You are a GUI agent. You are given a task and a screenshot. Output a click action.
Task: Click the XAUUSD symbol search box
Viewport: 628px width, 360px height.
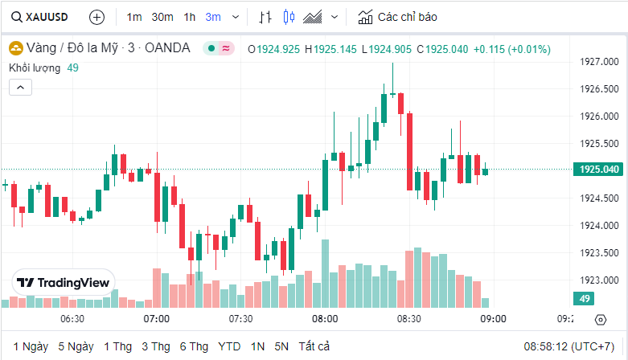tap(40, 16)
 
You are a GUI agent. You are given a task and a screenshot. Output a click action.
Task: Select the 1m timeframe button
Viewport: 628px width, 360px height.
tap(134, 17)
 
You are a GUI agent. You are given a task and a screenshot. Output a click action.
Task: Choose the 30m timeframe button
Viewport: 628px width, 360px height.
tap(162, 17)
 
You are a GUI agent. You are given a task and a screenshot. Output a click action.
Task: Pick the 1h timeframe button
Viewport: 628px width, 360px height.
tap(189, 17)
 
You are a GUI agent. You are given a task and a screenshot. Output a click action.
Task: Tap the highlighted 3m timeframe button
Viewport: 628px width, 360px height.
tap(213, 17)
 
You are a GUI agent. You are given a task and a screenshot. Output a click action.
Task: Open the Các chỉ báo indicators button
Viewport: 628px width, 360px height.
tap(399, 17)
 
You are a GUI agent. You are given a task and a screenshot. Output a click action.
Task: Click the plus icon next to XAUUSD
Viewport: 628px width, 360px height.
tap(96, 17)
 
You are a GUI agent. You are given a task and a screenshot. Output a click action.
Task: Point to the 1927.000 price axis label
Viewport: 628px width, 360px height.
tap(599, 62)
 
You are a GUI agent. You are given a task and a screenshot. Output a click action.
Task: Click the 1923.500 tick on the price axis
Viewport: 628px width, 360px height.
tap(599, 253)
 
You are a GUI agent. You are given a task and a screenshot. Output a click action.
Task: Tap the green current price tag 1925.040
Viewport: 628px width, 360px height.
tap(599, 169)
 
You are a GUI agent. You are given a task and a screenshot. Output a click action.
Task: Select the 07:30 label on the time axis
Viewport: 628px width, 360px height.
tap(240, 319)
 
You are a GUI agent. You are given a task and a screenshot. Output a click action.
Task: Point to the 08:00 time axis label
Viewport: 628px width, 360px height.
tap(325, 319)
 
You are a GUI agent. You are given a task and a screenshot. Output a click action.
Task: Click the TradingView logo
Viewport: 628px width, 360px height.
tap(64, 283)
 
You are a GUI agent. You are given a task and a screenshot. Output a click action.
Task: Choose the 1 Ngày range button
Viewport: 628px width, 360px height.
tap(31, 346)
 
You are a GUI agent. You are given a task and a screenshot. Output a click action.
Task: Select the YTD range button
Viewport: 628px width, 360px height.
tap(229, 346)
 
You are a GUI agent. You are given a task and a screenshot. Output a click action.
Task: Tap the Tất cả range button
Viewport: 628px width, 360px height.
tap(314, 346)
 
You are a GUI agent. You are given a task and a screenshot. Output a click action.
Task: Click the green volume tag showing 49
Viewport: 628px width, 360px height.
tap(584, 299)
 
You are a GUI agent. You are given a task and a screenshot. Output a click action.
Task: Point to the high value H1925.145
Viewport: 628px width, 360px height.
tap(330, 49)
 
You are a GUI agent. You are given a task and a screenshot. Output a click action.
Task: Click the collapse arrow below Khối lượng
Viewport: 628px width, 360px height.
tap(21, 87)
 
